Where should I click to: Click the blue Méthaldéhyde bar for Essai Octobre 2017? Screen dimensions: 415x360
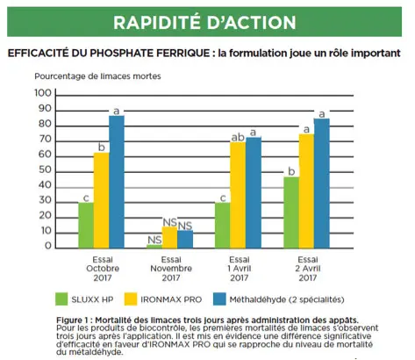click(117, 182)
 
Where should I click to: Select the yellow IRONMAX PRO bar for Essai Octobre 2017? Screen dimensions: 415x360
click(101, 200)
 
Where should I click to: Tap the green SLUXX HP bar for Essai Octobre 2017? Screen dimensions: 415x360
click(86, 226)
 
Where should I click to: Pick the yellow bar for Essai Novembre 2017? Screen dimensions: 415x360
click(169, 237)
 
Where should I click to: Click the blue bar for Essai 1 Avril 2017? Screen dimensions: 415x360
click(254, 192)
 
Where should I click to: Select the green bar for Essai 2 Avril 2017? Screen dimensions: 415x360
click(291, 212)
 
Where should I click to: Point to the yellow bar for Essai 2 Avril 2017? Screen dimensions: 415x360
click(306, 191)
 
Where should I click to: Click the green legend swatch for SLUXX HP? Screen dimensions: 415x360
click(61, 299)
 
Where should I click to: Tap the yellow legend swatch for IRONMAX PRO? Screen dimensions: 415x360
click(131, 299)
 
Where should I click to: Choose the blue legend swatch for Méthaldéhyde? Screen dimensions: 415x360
click(219, 299)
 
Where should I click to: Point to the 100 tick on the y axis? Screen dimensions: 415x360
click(43, 93)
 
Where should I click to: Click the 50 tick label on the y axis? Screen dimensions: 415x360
click(45, 169)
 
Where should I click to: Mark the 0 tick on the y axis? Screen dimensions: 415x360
click(48, 246)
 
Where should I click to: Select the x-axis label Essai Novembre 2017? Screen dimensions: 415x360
click(171, 269)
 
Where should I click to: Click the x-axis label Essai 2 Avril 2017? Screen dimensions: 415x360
click(308, 269)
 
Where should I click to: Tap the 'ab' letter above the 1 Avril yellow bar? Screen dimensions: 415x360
click(238, 137)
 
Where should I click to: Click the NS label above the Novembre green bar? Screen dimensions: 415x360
click(154, 240)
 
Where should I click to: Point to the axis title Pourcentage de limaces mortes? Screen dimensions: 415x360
click(97, 76)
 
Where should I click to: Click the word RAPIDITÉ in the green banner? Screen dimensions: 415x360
click(157, 22)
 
